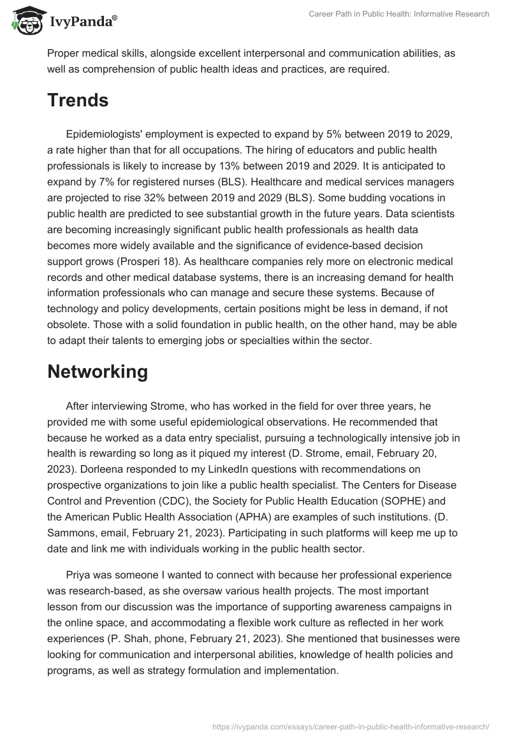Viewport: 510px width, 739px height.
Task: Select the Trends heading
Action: click(x=78, y=100)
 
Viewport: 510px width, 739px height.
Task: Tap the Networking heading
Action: click(x=98, y=372)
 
